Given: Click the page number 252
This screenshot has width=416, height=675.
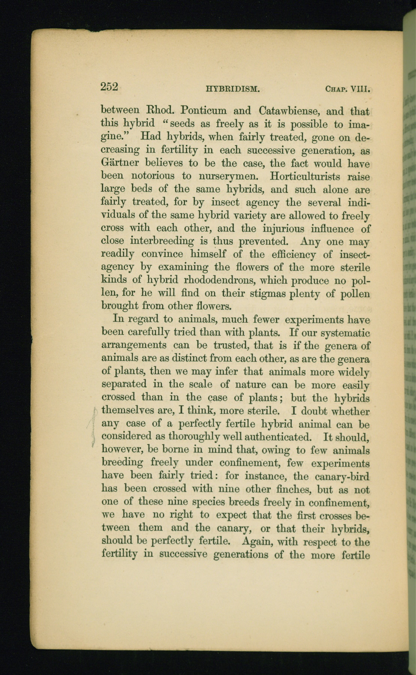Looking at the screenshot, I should [110, 87].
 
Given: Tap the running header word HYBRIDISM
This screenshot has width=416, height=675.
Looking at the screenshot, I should [233, 90].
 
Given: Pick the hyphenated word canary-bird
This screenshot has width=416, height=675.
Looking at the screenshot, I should [342, 477].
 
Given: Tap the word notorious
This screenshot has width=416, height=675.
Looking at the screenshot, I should [153, 176].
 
